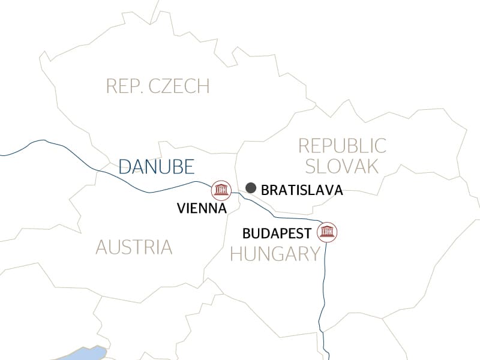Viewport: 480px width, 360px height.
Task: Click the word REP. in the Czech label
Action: tap(123, 86)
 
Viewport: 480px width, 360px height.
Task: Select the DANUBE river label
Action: tap(157, 166)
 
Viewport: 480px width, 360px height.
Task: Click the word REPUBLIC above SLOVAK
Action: tap(342, 145)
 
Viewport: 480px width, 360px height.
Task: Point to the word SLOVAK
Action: tap(340, 166)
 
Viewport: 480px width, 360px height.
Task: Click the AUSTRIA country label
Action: tap(133, 247)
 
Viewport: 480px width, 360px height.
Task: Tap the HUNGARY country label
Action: tap(275, 254)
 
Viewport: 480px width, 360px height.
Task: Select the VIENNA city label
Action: tap(202, 209)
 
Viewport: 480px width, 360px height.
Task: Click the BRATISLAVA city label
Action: tap(302, 190)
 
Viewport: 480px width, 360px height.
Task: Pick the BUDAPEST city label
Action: tap(277, 233)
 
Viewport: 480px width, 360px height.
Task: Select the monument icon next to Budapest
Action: tap(328, 232)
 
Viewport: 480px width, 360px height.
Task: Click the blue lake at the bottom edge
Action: tap(84, 353)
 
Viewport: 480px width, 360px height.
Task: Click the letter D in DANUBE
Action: tap(125, 166)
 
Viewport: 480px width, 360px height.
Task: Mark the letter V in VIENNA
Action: tap(182, 209)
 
